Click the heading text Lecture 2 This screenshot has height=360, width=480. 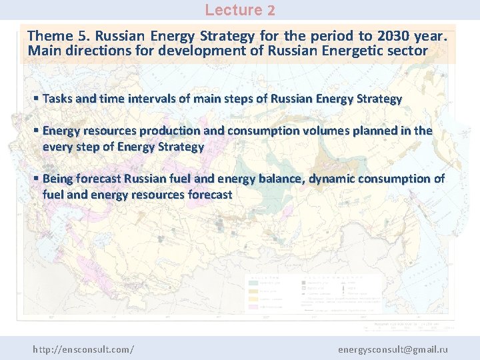click(x=239, y=10)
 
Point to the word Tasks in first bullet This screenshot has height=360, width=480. click(x=57, y=99)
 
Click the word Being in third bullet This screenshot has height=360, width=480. click(x=58, y=179)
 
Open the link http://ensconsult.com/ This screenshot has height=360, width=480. click(x=83, y=349)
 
